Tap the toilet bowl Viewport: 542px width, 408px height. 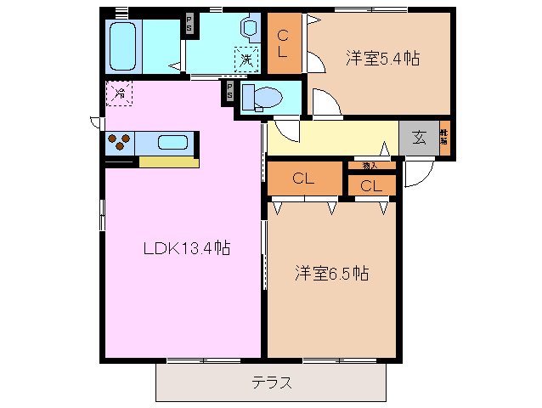pos(257,99)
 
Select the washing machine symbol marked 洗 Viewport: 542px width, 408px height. pos(246,59)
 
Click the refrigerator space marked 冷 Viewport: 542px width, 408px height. pos(120,93)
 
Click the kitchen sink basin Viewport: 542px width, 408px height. pos(172,143)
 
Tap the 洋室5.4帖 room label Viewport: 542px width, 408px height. pos(383,59)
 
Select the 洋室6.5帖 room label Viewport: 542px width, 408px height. pos(331,274)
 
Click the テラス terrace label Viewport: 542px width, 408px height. pos(272,382)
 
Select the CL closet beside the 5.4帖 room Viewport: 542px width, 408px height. pos(285,43)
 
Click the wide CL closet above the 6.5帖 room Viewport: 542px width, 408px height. pos(304,178)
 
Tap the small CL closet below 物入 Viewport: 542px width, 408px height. pos(370,185)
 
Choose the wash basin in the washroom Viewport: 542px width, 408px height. pos(251,28)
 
